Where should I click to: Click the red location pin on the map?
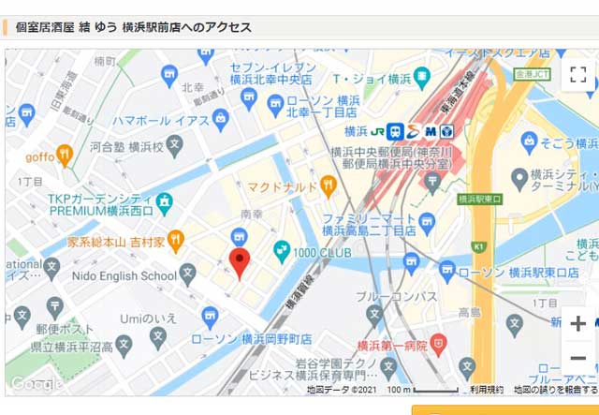click(x=240, y=263)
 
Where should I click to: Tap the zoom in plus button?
click(x=577, y=324)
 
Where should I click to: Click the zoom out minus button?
click(x=577, y=358)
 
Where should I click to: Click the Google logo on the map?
click(x=36, y=384)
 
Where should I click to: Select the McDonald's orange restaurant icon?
click(x=328, y=186)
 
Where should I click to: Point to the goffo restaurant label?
click(x=39, y=156)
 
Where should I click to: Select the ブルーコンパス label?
click(x=397, y=297)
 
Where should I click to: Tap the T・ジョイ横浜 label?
click(x=372, y=79)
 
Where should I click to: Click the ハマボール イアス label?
click(x=160, y=120)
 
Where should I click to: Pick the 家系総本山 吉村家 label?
click(x=116, y=242)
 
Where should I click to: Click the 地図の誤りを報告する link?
click(x=555, y=390)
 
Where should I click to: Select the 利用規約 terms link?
click(x=487, y=390)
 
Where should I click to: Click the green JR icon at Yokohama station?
click(x=377, y=131)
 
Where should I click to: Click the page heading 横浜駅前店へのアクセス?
click(x=134, y=27)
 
